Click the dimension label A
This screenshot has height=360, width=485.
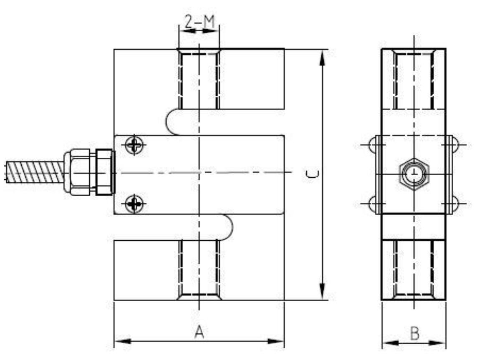point(200,332)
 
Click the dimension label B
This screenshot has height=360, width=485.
point(414,333)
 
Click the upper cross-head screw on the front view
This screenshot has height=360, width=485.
point(134,145)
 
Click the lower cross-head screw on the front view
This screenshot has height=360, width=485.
point(134,204)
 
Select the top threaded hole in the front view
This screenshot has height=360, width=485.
point(200,79)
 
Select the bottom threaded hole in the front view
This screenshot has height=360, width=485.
point(200,269)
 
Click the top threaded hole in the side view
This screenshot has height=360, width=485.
point(414,79)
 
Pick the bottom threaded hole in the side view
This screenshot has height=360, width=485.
point(414,269)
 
